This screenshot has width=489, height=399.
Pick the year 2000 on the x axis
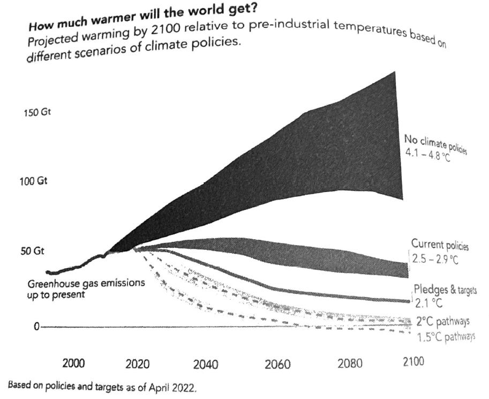tap(74, 364)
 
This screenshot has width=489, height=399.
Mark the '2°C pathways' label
tap(443, 322)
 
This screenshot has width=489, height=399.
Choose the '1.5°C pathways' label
tap(446, 336)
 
